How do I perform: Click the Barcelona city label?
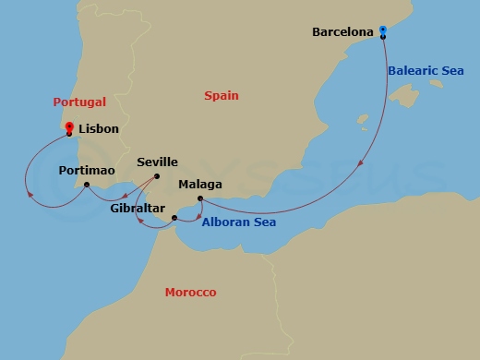(342, 31)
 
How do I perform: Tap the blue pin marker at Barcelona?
(383, 31)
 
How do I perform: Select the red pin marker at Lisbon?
(69, 128)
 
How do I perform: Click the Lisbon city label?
(99, 129)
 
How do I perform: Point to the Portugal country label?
(79, 102)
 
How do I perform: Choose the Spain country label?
(225, 95)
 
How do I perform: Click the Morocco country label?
(190, 293)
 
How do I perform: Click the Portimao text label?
(86, 171)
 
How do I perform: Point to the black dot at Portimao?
(86, 185)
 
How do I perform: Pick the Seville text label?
(157, 162)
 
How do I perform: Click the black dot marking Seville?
(157, 176)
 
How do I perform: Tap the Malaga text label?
(200, 184)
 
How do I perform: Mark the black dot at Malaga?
(200, 198)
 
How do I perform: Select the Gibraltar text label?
(138, 209)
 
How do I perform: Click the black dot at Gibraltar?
(174, 218)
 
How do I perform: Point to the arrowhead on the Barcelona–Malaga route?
(359, 163)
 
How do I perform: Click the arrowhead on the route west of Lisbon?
(30, 195)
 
